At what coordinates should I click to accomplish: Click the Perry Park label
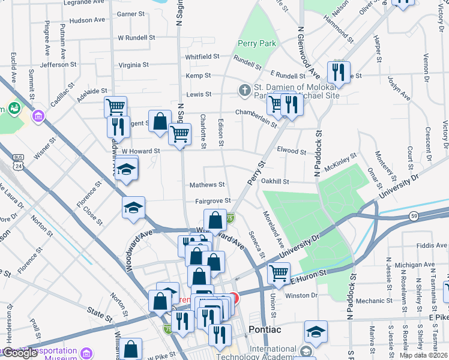click(x=256, y=43)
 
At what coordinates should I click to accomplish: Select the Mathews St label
click(x=207, y=185)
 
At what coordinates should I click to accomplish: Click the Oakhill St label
click(x=275, y=181)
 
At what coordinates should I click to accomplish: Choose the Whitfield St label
click(x=202, y=56)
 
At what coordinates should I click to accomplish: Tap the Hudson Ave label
click(x=87, y=20)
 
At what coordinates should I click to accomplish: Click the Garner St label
click(x=131, y=13)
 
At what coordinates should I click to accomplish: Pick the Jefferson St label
click(x=58, y=64)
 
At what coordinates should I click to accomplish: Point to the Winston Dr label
click(x=301, y=295)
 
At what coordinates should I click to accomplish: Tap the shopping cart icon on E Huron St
click(x=279, y=273)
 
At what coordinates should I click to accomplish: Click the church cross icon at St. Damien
click(x=244, y=91)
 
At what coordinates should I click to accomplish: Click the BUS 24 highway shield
click(x=17, y=163)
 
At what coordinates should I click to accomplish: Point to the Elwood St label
click(x=291, y=151)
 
